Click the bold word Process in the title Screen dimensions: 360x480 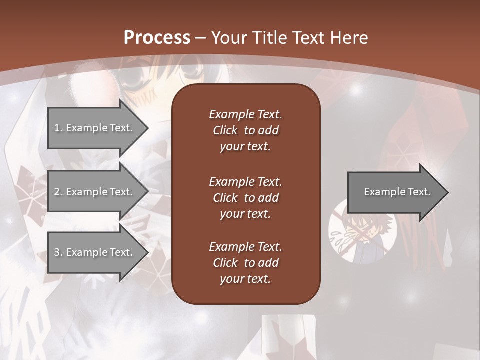[x=157, y=38]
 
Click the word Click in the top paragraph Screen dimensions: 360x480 [x=225, y=130]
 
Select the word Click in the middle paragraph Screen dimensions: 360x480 [x=225, y=198]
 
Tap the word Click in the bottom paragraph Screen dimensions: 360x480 [x=225, y=263]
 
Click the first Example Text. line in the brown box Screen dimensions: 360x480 [x=245, y=114]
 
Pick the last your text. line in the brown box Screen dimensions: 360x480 [x=245, y=279]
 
